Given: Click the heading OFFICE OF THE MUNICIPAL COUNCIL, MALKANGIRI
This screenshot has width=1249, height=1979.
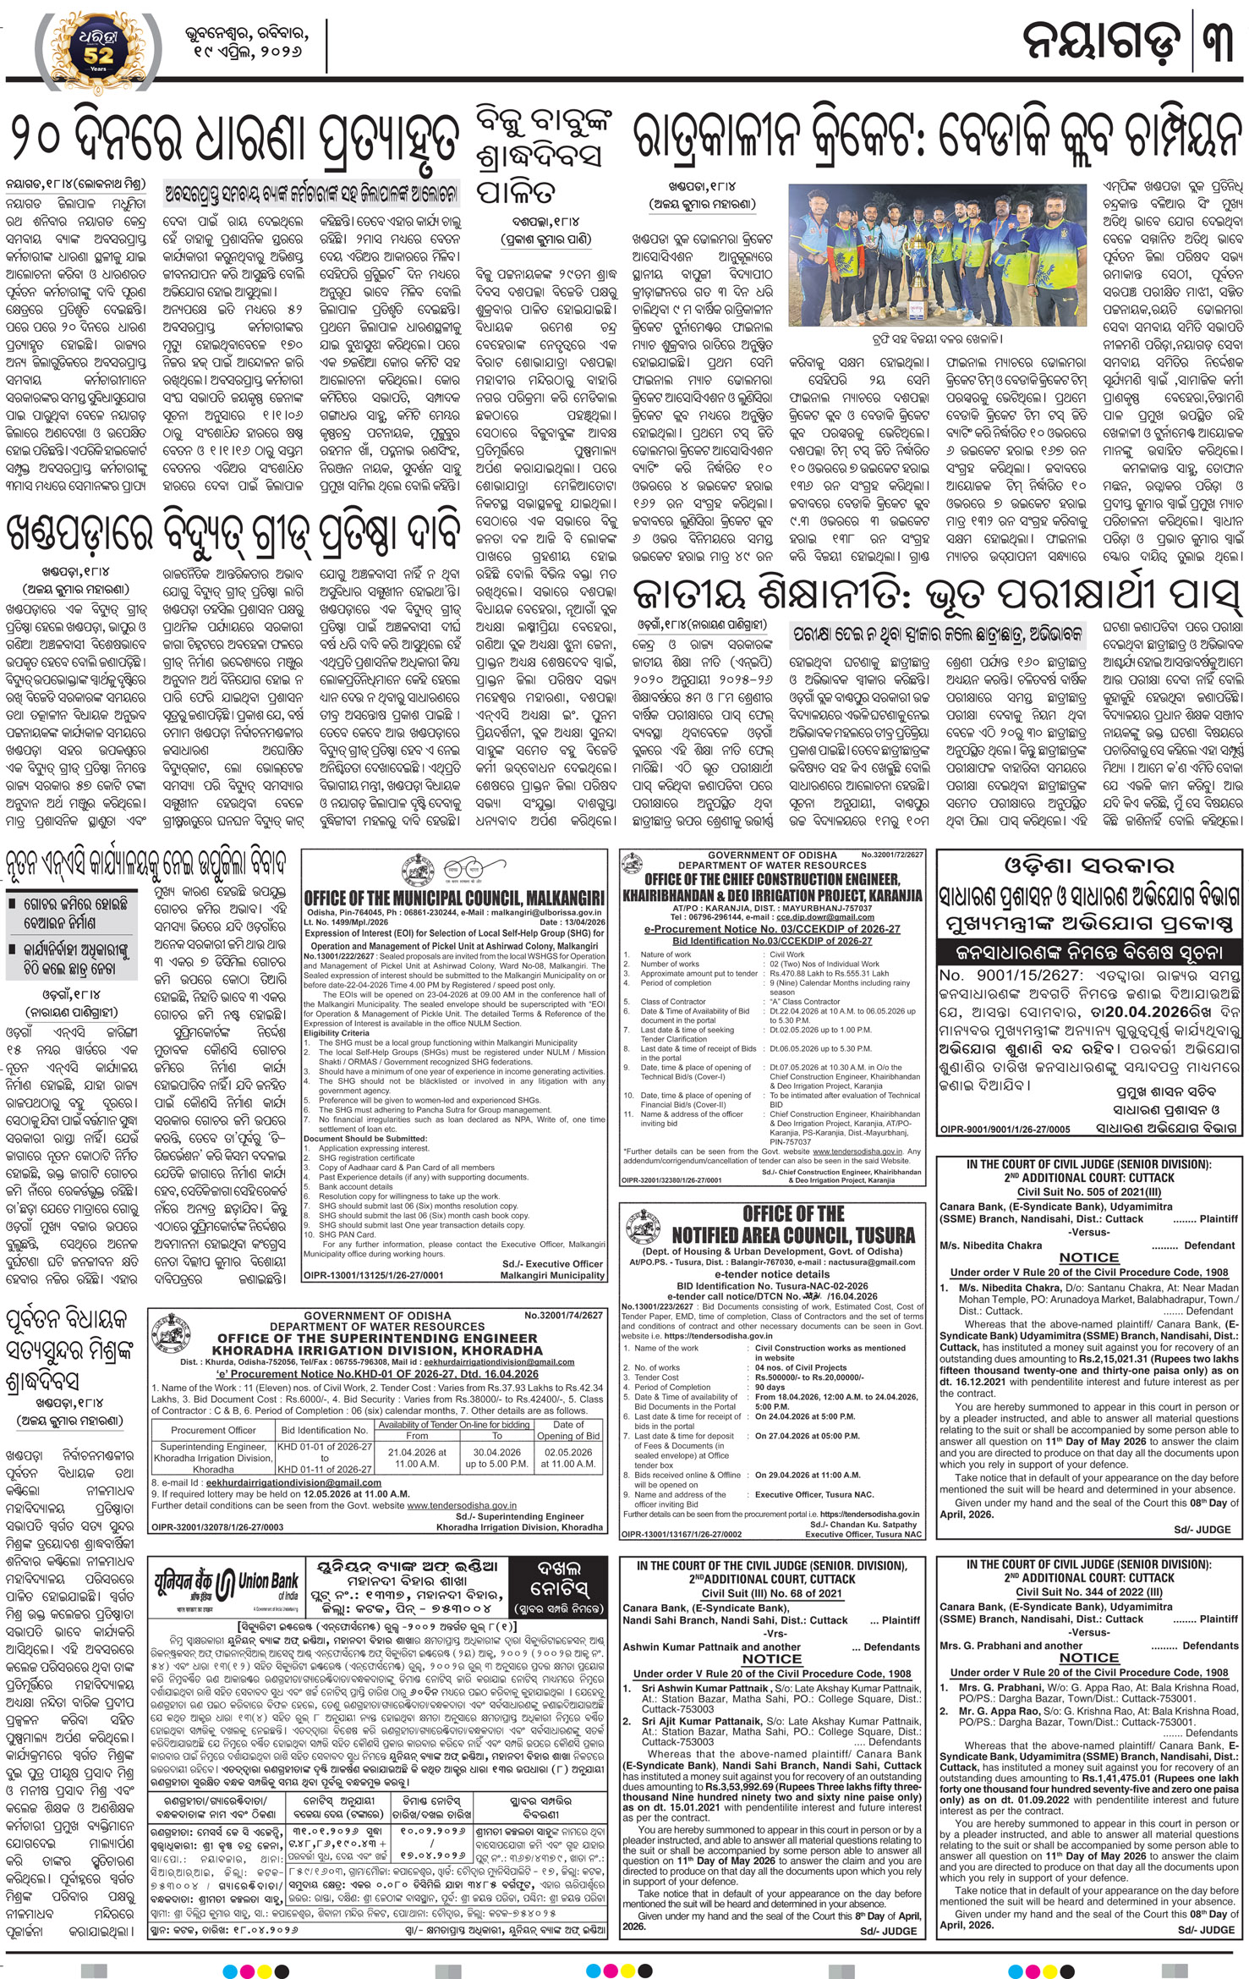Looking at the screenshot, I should (454, 898).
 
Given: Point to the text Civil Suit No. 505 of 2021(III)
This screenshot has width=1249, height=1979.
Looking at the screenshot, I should (1089, 1191).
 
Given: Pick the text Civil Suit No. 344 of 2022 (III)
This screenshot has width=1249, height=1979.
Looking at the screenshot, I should (1089, 1591).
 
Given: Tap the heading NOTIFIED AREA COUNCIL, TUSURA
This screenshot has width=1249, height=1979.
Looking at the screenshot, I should (793, 1235).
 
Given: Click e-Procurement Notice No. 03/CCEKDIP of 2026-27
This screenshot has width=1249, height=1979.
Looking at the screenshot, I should (771, 929).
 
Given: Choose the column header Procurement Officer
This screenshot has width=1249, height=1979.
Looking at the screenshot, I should (213, 1430).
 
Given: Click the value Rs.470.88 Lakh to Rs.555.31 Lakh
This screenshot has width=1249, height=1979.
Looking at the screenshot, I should (819, 973).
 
